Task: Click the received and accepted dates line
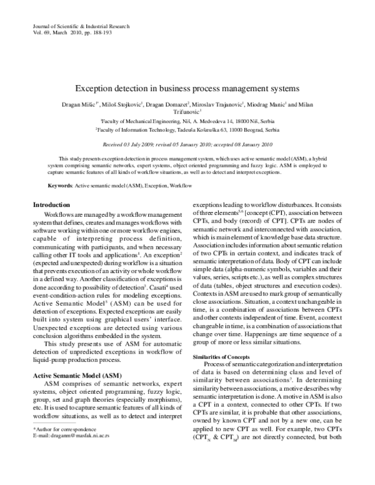[x=187, y=143]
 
